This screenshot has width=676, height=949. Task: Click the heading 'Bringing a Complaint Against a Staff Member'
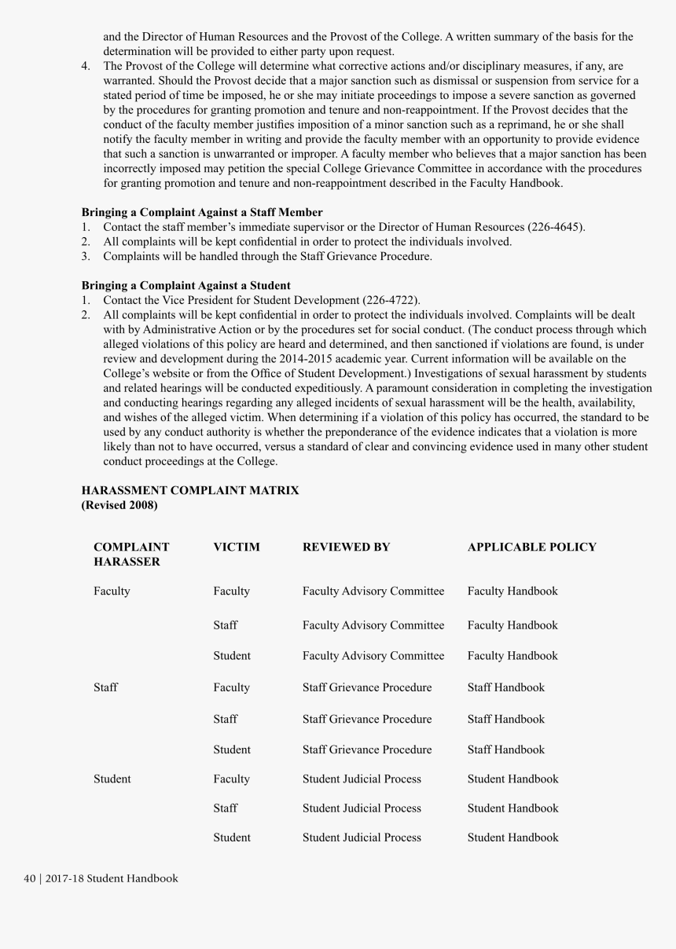tap(202, 212)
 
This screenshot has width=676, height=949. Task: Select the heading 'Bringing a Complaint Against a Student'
tap(186, 285)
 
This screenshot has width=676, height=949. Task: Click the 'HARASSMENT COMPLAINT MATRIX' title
tap(189, 490)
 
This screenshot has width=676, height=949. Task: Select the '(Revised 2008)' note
tap(119, 505)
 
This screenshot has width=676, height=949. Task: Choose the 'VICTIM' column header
tap(236, 547)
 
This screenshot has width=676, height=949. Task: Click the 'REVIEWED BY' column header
tap(346, 547)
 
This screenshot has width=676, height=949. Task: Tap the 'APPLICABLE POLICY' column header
tap(531, 547)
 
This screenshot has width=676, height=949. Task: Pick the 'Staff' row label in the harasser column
tap(105, 687)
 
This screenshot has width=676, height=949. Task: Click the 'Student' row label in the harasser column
tap(112, 779)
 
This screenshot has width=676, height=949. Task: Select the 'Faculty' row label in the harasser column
tap(112, 591)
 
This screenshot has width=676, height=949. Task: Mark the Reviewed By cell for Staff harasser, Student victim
tap(366, 749)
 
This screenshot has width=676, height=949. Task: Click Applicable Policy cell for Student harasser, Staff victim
tap(513, 808)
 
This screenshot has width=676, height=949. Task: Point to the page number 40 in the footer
tap(30, 878)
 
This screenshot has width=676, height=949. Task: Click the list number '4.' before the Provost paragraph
tap(86, 66)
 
